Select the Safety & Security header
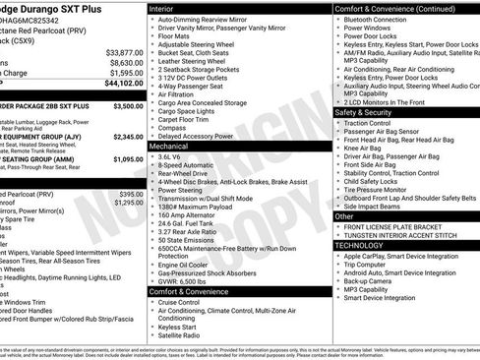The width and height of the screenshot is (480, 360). (370, 112)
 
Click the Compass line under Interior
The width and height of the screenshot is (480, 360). (172, 126)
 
